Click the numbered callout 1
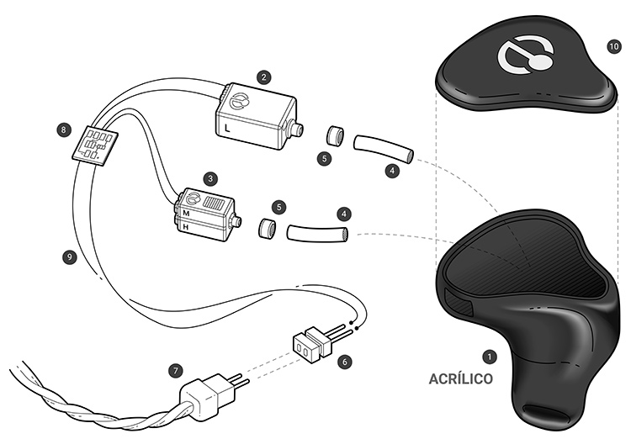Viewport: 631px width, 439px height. (x=490, y=357)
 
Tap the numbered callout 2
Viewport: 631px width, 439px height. (x=263, y=77)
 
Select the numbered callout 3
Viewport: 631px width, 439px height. (x=210, y=178)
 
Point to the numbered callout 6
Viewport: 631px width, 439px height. (x=344, y=362)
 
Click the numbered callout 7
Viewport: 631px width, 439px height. (x=175, y=370)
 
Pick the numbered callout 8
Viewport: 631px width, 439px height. (x=64, y=130)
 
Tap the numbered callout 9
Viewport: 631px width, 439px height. (x=70, y=257)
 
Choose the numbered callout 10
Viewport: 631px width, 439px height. (x=613, y=47)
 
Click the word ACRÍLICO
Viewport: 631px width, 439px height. (x=460, y=379)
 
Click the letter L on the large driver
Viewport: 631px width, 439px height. (x=227, y=129)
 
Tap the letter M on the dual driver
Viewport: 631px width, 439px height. (x=186, y=213)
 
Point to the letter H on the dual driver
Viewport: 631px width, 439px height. (x=186, y=227)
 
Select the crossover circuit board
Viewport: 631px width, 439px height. (x=96, y=145)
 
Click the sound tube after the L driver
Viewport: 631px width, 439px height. (x=383, y=148)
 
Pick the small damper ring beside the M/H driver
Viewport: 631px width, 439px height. (x=267, y=227)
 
